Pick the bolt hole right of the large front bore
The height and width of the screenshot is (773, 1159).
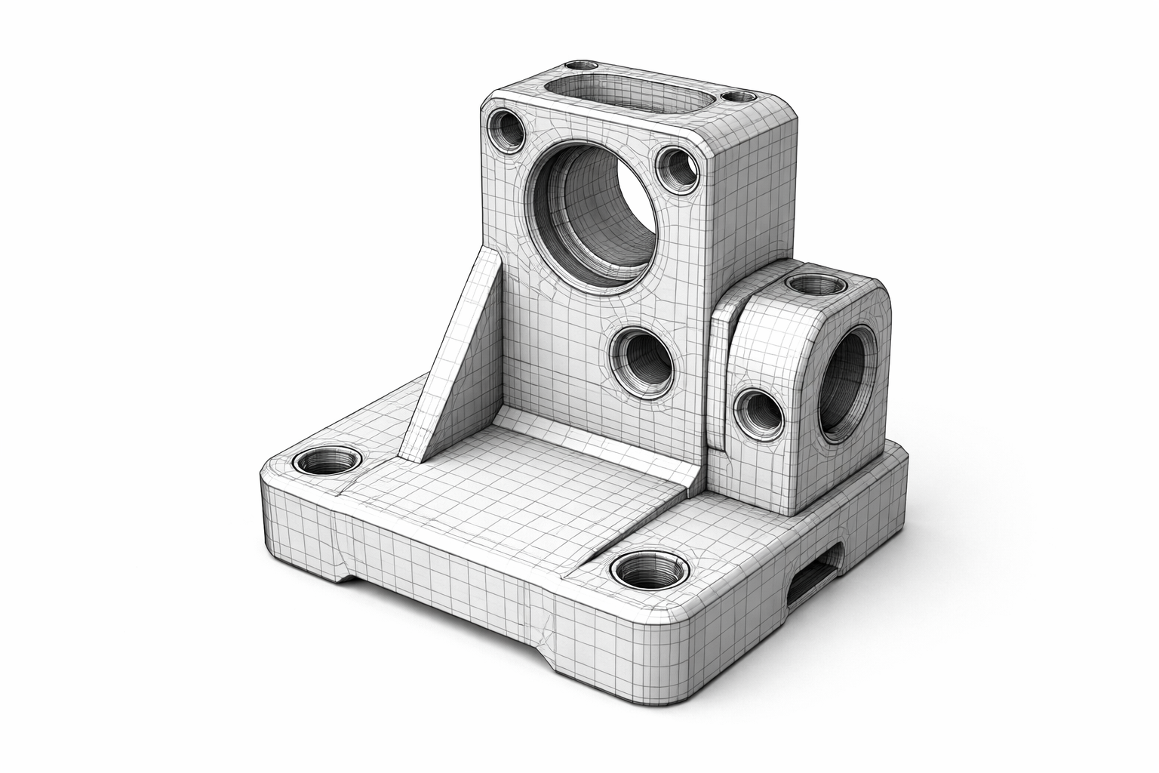pyautogui.click(x=676, y=168)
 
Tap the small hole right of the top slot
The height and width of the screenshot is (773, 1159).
pyautogui.click(x=738, y=97)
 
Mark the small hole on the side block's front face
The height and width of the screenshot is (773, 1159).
pyautogui.click(x=758, y=414)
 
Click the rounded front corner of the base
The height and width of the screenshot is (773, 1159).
pyautogui.click(x=683, y=649)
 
